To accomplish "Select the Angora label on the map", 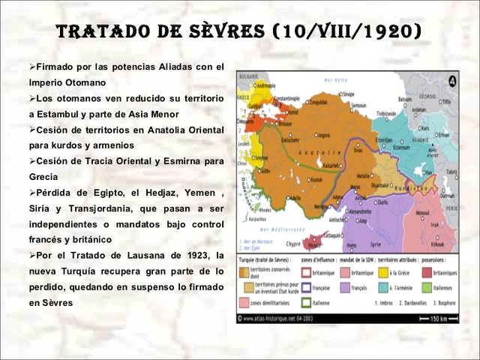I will (323, 135).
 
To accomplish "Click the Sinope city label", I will (346, 94).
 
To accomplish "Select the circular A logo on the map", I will (452, 81).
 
